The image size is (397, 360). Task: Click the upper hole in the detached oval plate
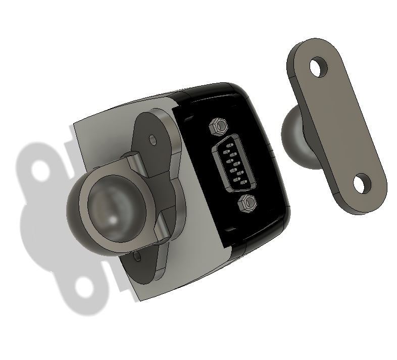pos(319,67)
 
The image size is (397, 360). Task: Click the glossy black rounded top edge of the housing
pos(212,91)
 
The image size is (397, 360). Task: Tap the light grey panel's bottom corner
pos(139,301)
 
